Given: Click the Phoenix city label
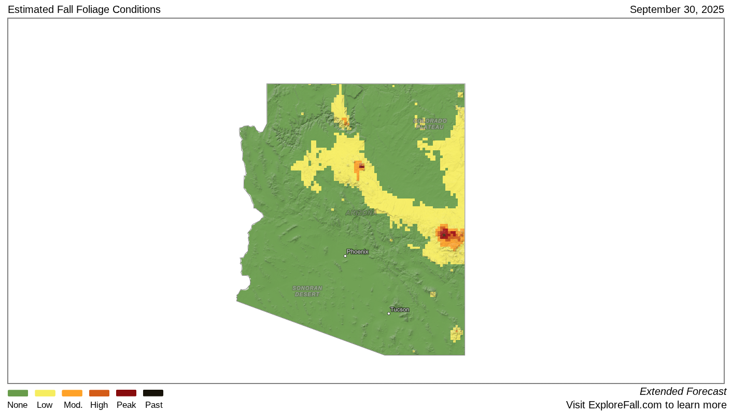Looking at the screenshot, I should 358,252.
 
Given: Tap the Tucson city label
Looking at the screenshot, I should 400,310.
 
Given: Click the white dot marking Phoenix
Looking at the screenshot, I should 345,256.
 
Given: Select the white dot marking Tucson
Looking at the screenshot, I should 389,314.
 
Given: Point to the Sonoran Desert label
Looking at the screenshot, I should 307,291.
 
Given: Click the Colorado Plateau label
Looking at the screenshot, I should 430,124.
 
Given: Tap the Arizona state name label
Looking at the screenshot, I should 360,213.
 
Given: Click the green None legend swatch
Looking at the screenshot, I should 18,393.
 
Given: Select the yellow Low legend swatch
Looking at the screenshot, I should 45,393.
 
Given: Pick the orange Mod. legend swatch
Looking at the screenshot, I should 72,393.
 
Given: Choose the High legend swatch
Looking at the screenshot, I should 99,393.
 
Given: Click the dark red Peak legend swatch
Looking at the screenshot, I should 126,393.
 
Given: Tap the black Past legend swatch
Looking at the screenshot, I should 153,393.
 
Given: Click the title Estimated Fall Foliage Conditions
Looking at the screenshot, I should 84,9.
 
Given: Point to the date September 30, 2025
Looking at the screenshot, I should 677,9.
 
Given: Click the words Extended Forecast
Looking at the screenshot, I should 683,392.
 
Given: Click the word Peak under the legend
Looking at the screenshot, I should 126,405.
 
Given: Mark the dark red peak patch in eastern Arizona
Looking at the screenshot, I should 445,233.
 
